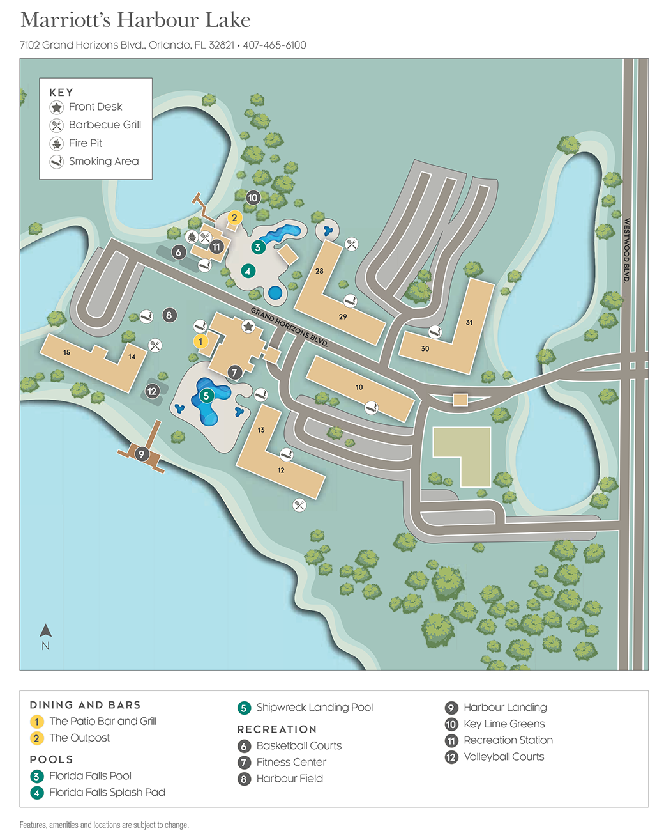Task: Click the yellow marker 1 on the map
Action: [x=200, y=341]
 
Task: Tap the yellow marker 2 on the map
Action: [x=234, y=218]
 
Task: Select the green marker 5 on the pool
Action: [x=206, y=396]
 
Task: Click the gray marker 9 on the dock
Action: [x=142, y=454]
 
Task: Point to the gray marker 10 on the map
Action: [x=253, y=198]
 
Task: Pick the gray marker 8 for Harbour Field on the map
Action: [x=169, y=315]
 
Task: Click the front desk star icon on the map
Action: [x=248, y=327]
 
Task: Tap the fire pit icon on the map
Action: [x=191, y=237]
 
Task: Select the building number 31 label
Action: [x=469, y=322]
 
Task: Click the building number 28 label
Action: [x=319, y=271]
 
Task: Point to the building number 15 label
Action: [x=66, y=352]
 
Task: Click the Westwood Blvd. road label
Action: [x=626, y=250]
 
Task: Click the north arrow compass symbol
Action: [x=45, y=637]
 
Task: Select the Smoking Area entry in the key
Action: [x=103, y=161]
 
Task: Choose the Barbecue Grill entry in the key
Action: [x=105, y=125]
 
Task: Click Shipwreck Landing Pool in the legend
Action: [x=314, y=707]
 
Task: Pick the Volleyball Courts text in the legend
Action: [x=504, y=756]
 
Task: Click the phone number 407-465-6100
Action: [x=275, y=45]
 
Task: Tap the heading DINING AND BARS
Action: [x=85, y=704]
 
